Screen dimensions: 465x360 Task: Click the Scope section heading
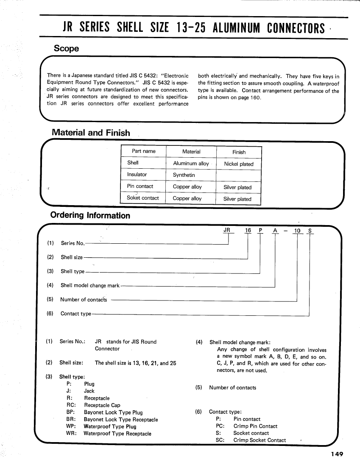tap(66, 48)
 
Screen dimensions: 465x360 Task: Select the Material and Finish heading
tap(91, 132)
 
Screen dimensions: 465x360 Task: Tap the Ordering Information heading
tap(90, 215)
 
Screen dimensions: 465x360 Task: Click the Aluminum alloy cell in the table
tap(191, 164)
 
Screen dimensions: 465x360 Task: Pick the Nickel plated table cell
tap(239, 164)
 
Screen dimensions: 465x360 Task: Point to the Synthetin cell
tap(184, 175)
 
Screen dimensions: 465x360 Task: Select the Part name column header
tap(144, 151)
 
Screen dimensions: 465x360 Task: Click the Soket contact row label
tap(142, 198)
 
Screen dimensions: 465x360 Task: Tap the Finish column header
tap(239, 152)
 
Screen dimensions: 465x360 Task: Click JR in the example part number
tap(227, 230)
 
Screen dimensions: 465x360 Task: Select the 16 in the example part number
tap(248, 230)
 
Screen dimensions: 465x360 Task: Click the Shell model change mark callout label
tap(90, 285)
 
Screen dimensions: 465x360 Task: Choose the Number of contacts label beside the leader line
tap(84, 299)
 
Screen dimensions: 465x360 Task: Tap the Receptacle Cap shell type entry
tap(102, 405)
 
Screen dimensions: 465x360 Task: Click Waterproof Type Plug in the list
tap(110, 426)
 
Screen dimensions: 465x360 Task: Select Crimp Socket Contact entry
tap(260, 440)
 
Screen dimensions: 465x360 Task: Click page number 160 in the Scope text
tap(256, 98)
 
